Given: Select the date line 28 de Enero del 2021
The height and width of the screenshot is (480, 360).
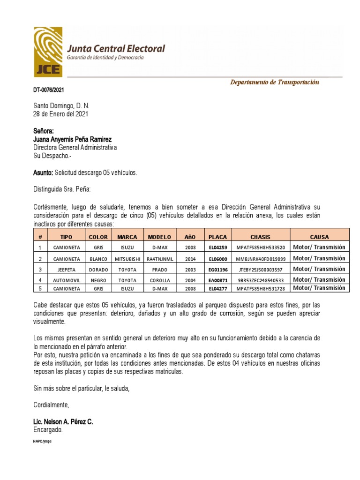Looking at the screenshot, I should point(60,114).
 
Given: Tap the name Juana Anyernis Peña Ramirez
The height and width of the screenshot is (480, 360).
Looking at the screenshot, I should point(73,139).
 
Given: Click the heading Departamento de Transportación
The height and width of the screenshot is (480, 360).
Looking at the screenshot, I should point(274,82).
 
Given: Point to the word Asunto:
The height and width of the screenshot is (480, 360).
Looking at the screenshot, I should point(43,173).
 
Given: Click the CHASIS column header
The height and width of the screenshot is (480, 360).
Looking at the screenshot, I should point(260,237).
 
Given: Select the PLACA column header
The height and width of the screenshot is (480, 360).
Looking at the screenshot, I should point(217,237).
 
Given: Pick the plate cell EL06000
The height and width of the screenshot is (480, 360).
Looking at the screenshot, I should point(217,258).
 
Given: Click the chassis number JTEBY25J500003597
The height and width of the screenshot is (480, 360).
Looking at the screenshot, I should point(260,270).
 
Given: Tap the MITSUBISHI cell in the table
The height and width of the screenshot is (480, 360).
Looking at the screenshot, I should point(127,258).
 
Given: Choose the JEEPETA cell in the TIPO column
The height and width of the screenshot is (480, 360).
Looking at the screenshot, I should point(66,270).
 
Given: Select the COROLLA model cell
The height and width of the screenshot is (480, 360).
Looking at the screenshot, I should point(159,280).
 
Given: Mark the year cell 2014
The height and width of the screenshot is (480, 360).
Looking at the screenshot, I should point(191,258).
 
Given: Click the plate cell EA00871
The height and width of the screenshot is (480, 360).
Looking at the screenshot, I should point(217,280).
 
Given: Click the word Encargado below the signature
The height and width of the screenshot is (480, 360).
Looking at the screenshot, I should point(47,429).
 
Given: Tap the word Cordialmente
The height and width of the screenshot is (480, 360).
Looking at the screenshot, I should point(51,405).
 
